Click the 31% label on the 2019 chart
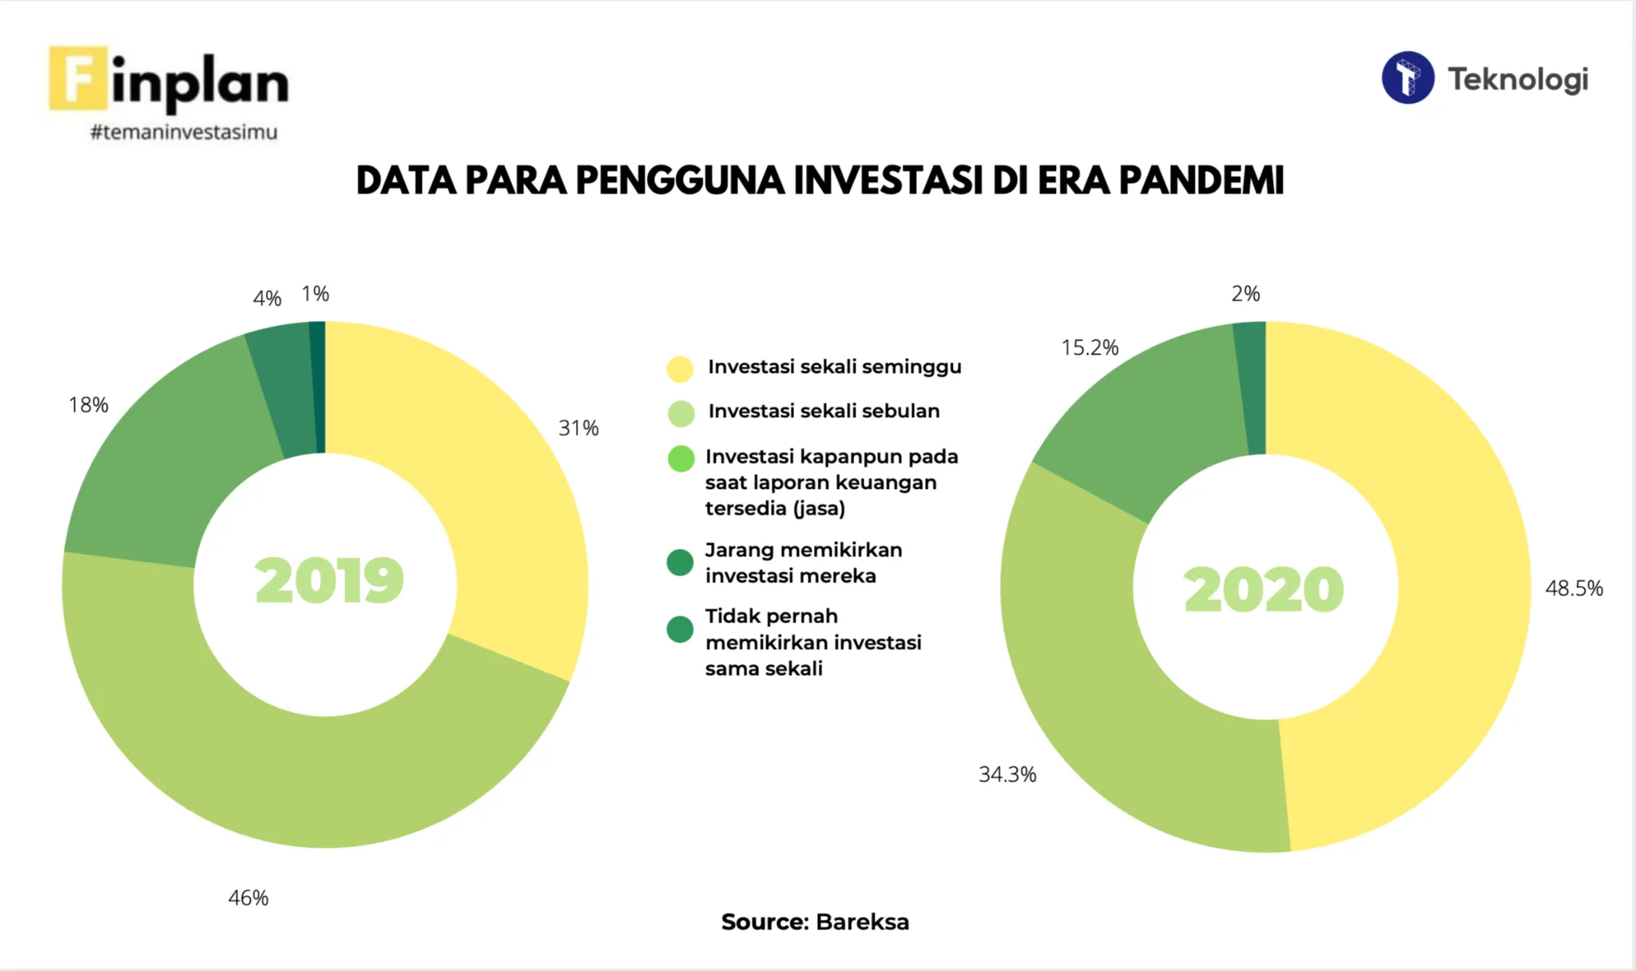578,428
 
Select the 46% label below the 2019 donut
248,898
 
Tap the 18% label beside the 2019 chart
89,405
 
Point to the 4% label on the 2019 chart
267,299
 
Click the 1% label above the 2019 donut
316,294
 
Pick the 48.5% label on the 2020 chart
1574,589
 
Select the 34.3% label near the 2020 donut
1007,774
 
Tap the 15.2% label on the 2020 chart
1090,348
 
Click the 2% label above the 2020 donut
1245,294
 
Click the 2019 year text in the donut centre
329,581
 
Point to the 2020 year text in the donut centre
1264,590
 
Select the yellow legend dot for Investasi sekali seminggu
680,368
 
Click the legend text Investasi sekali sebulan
824,411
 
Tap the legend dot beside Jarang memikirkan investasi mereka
680,563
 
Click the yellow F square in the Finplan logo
77,78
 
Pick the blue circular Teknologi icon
1408,78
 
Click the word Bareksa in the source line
862,922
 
